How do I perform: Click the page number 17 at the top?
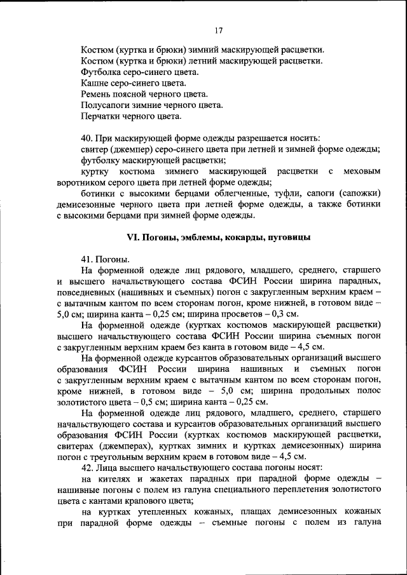(218, 30)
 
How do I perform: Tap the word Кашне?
(95, 83)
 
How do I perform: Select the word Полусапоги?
(106, 105)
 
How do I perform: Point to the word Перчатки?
(101, 117)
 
